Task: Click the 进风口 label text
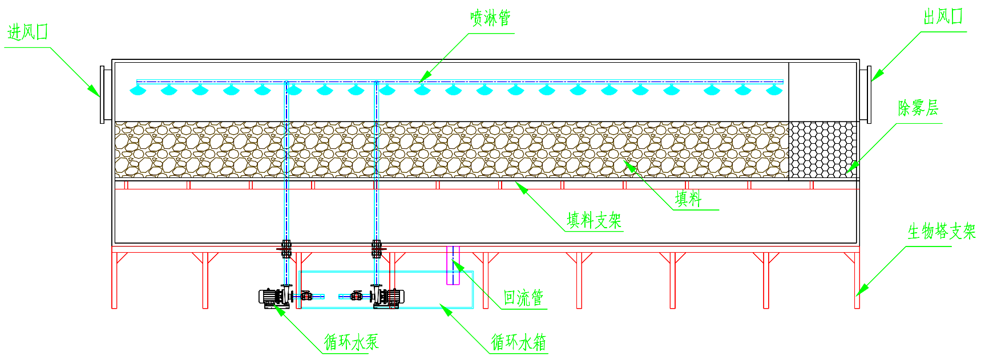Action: tap(27, 33)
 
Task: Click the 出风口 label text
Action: tap(943, 17)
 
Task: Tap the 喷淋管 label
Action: tap(490, 18)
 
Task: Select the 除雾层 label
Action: tap(918, 108)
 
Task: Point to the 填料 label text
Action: tap(688, 199)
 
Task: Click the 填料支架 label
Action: tap(594, 220)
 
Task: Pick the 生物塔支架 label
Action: tap(942, 232)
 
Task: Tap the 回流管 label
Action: tap(523, 298)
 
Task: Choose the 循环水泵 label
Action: tap(352, 342)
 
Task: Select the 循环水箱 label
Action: tap(519, 342)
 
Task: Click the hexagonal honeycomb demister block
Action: tap(823, 149)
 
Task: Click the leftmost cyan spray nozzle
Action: tap(138, 90)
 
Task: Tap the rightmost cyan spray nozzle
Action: tap(773, 90)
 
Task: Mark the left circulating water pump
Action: tap(274, 297)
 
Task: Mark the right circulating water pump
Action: tap(389, 297)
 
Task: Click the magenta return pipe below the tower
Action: tap(453, 265)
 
